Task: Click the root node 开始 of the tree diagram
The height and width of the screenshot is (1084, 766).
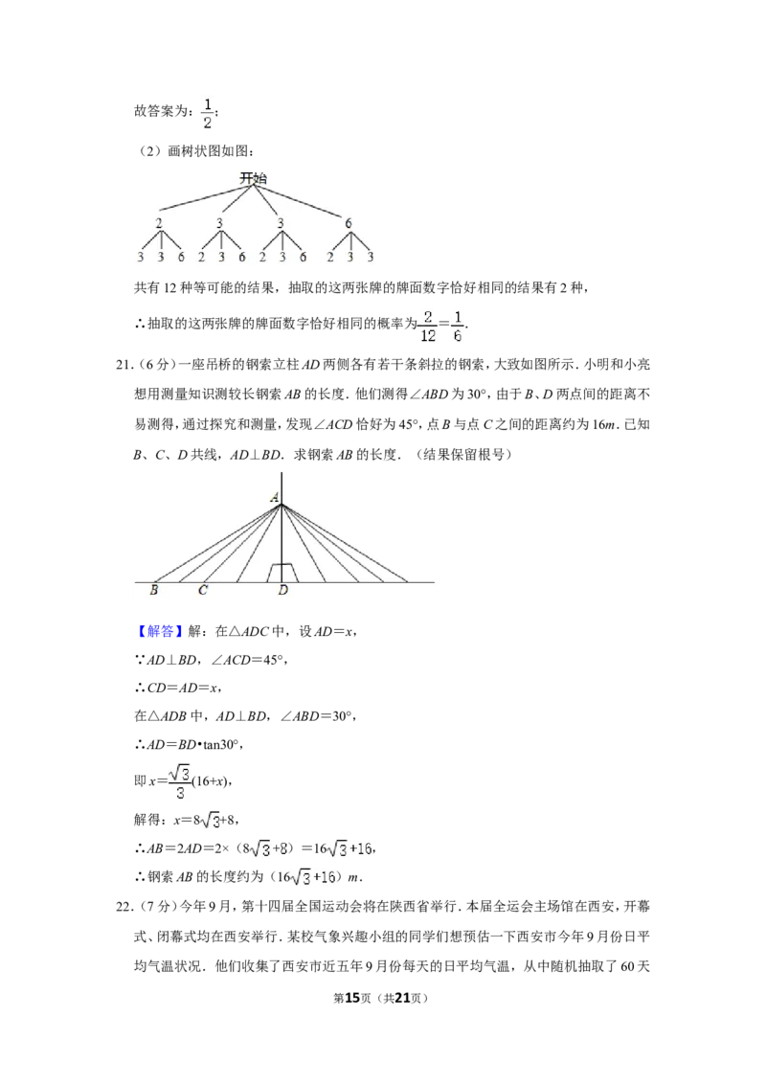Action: pyautogui.click(x=253, y=178)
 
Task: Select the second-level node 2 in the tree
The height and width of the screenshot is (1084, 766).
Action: pyautogui.click(x=159, y=223)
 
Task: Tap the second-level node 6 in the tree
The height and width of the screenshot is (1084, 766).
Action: pyautogui.click(x=349, y=223)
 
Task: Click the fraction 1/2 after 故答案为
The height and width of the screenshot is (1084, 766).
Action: pyautogui.click(x=208, y=113)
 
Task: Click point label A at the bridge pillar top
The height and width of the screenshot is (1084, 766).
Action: pyautogui.click(x=275, y=497)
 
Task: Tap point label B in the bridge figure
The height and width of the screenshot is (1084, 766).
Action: pyautogui.click(x=153, y=590)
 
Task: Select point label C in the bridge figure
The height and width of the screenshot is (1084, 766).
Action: pyautogui.click(x=203, y=590)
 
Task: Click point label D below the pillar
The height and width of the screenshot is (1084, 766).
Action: pyautogui.click(x=282, y=590)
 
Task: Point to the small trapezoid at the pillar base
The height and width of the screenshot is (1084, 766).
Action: pyautogui.click(x=282, y=573)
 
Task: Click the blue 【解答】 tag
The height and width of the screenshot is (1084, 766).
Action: pyautogui.click(x=158, y=630)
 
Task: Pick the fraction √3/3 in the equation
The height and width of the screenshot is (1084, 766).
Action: pyautogui.click(x=180, y=782)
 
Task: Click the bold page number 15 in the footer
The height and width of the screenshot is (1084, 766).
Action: pyautogui.click(x=352, y=998)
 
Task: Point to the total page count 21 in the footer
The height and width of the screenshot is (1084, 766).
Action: pyautogui.click(x=402, y=998)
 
